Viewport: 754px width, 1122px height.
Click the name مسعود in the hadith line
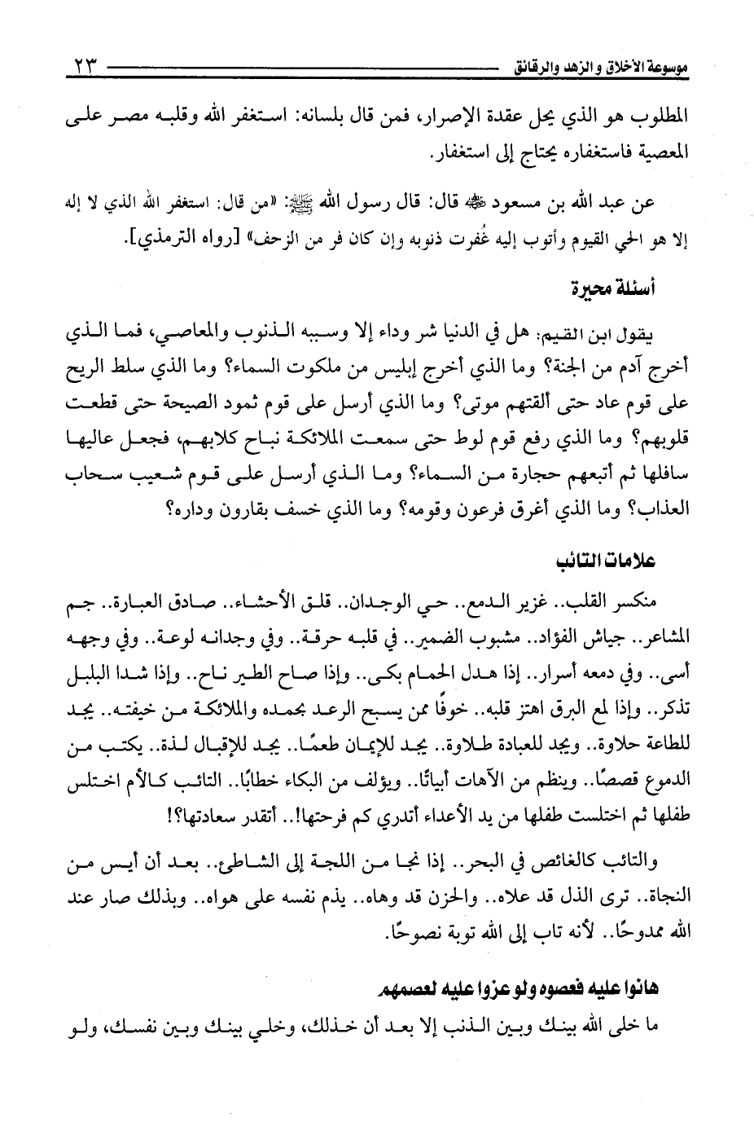pyautogui.click(x=490, y=200)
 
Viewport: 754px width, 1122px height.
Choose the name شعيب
pyautogui.click(x=182, y=481)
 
